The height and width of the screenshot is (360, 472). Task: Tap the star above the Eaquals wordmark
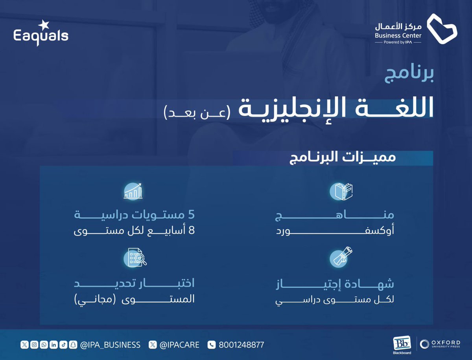pos(44,24)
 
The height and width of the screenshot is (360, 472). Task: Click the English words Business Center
pos(398,35)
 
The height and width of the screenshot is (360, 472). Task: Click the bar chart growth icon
pos(133,191)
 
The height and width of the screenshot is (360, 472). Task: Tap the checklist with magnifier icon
pos(134,257)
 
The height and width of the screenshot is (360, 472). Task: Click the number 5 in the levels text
pos(192,216)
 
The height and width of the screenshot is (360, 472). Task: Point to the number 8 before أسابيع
pos(192,230)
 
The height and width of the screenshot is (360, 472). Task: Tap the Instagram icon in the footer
pos(34,345)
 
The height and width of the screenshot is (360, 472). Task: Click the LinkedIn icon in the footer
pos(53,345)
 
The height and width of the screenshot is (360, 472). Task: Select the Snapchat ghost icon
pos(73,345)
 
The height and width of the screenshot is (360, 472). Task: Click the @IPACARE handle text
pos(179,345)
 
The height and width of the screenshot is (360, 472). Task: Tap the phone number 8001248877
pos(241,345)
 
